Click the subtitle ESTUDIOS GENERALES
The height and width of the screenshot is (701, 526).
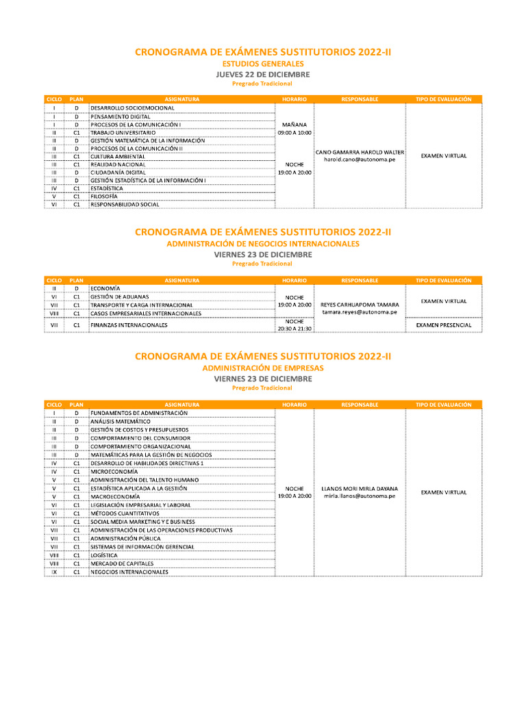(x=263, y=64)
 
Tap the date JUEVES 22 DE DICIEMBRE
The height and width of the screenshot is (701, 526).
(x=263, y=74)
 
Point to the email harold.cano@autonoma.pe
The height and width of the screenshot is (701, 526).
(x=360, y=160)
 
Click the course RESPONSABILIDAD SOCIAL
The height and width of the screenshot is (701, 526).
(x=125, y=204)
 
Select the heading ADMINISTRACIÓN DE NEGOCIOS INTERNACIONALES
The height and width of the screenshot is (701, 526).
(x=263, y=244)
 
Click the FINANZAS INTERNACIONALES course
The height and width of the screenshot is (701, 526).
(x=129, y=324)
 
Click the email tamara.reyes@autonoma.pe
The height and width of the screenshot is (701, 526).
(x=360, y=312)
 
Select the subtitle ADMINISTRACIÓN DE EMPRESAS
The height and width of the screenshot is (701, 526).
(x=263, y=368)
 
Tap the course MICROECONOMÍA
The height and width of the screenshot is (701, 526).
(x=115, y=472)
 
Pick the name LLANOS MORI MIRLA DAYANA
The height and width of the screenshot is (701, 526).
(x=360, y=489)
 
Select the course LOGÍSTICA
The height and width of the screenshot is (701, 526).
(x=104, y=555)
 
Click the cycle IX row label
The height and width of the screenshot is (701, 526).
(x=54, y=572)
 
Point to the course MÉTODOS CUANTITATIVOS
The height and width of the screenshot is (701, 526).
(x=125, y=513)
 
